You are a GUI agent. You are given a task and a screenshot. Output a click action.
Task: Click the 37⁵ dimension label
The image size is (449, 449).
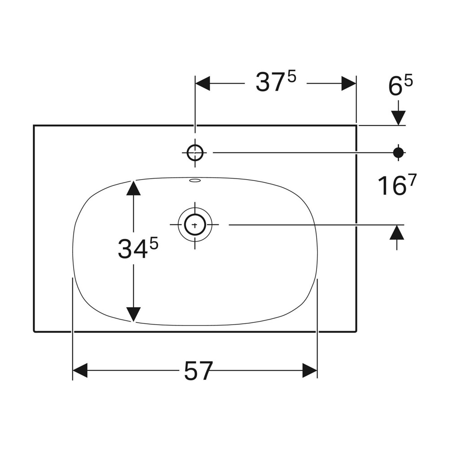276,82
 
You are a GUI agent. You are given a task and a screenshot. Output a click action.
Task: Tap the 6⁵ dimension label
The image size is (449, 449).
401,85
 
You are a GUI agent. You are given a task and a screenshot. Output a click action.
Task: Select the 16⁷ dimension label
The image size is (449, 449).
397,185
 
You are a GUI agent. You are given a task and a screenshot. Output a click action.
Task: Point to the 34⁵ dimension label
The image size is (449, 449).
138,248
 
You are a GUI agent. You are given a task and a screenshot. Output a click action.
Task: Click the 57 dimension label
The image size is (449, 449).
198,371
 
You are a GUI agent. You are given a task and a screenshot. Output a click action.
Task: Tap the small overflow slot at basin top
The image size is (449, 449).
195,180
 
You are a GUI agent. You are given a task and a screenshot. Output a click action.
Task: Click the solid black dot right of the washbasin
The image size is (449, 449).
398,153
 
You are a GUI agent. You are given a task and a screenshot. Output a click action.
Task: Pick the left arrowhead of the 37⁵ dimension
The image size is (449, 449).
202,84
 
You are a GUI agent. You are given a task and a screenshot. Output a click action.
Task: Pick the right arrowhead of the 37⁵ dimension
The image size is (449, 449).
348,84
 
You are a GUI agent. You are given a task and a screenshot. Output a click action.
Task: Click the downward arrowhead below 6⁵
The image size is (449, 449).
398,118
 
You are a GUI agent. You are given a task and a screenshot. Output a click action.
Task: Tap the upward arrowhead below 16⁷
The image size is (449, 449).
396,232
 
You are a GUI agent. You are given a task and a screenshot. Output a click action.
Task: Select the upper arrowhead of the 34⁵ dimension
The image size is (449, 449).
133,188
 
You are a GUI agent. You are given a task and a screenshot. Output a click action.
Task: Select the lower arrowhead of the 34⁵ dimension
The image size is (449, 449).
133,314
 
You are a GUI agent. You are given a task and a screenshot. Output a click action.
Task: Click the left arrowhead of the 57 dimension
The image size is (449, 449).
80,370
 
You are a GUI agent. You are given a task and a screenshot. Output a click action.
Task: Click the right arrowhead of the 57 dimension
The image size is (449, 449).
310,370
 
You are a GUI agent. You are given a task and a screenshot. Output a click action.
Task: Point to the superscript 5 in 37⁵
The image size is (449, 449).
291,77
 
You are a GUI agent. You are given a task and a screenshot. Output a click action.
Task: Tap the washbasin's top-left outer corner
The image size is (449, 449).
34,125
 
